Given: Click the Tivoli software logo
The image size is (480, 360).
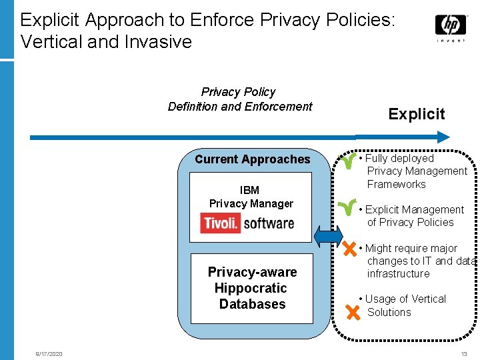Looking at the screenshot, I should pyautogui.click(x=247, y=222).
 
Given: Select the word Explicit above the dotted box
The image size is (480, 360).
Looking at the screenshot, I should pyautogui.click(x=417, y=114).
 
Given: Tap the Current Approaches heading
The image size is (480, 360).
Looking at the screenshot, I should pyautogui.click(x=253, y=159).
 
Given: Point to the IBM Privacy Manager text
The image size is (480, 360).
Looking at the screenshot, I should pyautogui.click(x=251, y=197).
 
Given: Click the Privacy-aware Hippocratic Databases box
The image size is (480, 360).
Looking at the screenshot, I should pyautogui.click(x=251, y=288).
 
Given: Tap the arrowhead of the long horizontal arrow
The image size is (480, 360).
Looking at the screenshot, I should pyautogui.click(x=443, y=137).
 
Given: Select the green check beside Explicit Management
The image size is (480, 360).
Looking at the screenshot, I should pyautogui.click(x=347, y=210).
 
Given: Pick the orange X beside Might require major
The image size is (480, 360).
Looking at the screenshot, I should pyautogui.click(x=349, y=250).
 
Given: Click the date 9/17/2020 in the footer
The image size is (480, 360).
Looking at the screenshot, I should pyautogui.click(x=49, y=354).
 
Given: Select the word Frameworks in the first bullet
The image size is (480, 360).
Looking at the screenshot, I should pyautogui.click(x=396, y=185).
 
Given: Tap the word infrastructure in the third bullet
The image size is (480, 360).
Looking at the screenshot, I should pyautogui.click(x=398, y=274).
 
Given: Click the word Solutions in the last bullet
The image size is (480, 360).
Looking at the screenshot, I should pyautogui.click(x=389, y=313).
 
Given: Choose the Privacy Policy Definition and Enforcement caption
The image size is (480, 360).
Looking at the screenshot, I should pyautogui.click(x=239, y=99).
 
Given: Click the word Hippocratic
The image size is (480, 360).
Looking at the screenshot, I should pyautogui.click(x=251, y=288).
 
